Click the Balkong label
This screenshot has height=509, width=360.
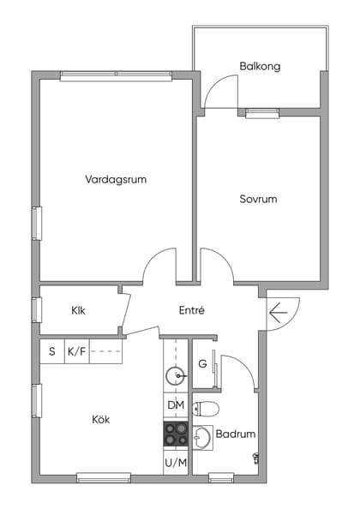[x=260, y=66]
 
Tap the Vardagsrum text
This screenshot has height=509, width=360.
[x=116, y=180]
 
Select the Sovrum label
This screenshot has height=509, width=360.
[x=258, y=199]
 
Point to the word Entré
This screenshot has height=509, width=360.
[x=191, y=310]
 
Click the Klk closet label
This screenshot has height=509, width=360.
[x=78, y=311]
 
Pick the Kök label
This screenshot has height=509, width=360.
[x=100, y=420]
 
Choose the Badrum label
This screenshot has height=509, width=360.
[x=235, y=434]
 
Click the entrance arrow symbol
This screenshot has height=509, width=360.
[x=278, y=313]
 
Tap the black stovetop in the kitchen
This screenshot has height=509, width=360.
[x=176, y=434]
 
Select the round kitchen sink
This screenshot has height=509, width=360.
[x=176, y=374]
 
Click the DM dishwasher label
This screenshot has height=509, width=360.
[x=176, y=405]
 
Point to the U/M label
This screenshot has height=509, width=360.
[x=176, y=463]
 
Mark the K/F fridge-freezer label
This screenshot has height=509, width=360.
[x=76, y=351]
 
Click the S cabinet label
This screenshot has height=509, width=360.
[x=51, y=351]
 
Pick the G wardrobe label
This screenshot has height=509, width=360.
[x=202, y=364]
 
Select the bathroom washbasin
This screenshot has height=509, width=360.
[x=202, y=439]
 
